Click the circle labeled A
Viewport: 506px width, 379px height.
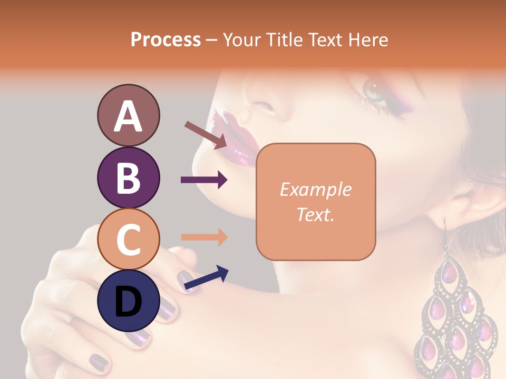pos(128,116)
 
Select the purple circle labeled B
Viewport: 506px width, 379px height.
pos(128,177)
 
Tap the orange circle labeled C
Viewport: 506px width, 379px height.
pos(128,239)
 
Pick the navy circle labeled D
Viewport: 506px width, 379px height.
pos(128,301)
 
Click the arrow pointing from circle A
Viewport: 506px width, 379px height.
pos(206,134)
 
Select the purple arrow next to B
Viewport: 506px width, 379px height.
pos(204,180)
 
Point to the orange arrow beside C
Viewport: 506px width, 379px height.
pos(204,237)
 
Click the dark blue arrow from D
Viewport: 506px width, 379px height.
pos(206,278)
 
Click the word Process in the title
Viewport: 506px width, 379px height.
pos(166,39)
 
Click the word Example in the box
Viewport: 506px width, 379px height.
pos(315,189)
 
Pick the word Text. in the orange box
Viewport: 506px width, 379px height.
pos(315,215)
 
